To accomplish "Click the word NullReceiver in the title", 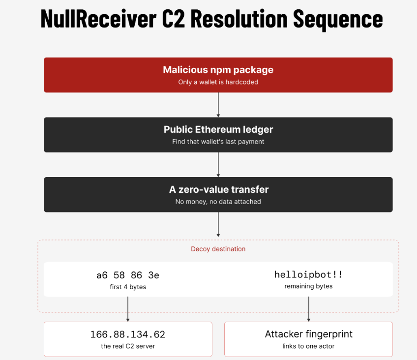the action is click(x=98, y=18).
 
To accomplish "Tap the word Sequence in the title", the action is click(x=338, y=20).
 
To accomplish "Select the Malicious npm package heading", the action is click(x=218, y=70).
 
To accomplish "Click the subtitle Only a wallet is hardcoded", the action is click(x=218, y=82).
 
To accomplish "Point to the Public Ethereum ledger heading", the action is click(x=218, y=129).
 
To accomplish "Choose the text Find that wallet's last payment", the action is click(x=218, y=142).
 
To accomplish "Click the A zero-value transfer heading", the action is click(x=219, y=189).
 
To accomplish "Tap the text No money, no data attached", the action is click(x=218, y=202).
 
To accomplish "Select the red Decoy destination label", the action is click(x=218, y=249).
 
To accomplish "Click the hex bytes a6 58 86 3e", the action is click(x=128, y=275).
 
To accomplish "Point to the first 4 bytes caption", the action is click(x=128, y=287).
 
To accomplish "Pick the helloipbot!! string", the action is click(x=308, y=274).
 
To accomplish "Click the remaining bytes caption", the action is click(x=308, y=286).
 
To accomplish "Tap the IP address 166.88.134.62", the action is click(x=128, y=334).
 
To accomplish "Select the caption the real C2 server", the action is click(x=128, y=346).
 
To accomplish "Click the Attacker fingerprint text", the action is click(x=308, y=334).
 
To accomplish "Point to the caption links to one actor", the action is click(x=308, y=346).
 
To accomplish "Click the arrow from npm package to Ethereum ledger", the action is click(x=218, y=105).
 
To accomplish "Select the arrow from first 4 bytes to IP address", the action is click(x=128, y=309).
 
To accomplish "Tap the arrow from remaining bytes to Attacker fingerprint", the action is click(x=308, y=309).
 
